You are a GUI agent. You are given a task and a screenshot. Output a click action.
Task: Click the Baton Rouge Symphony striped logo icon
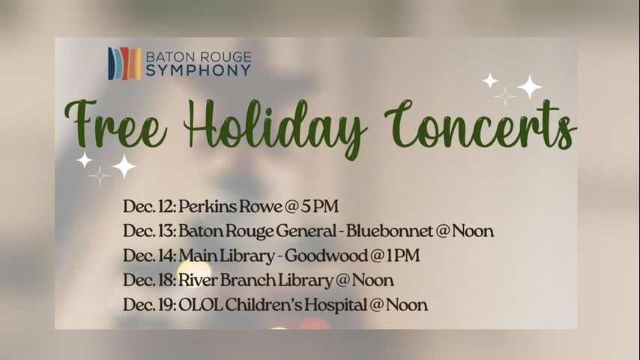pos(124,63)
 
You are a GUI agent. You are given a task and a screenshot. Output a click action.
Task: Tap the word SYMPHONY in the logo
pos(199,70)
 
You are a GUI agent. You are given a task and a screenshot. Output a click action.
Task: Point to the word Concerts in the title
pos(480,124)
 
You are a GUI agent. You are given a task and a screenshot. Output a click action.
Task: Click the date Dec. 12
pos(150,206)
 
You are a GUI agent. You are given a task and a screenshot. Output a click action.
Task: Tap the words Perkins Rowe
pos(230,206)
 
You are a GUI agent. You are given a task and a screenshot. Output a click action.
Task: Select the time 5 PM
pos(320,206)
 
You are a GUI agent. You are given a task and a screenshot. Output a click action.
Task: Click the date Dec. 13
pos(150,231)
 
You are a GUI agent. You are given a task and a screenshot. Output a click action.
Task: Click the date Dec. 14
pos(150,256)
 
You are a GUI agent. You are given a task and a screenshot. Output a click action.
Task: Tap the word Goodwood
pos(326,256)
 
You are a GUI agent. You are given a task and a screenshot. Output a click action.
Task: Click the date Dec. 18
pos(150,280)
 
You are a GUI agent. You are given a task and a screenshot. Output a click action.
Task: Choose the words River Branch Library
pos(256,280)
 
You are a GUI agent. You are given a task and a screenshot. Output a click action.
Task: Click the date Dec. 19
pos(150,304)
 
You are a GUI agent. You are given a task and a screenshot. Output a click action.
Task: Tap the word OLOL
pos(200,304)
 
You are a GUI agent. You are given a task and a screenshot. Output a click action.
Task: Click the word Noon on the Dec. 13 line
pos(473,231)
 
